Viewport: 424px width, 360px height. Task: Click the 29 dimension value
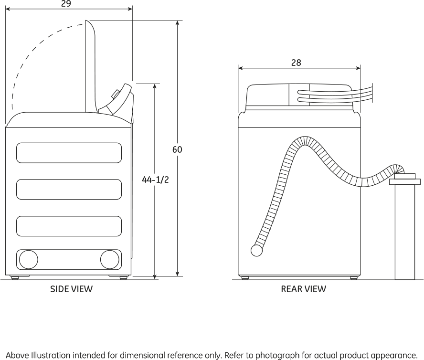coord(66,4)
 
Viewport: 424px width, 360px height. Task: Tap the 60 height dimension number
coord(177,149)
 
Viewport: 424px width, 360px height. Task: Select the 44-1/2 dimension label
coord(156,180)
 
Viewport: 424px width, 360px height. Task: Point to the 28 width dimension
coord(296,63)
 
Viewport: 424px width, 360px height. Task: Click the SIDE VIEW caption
coord(72,289)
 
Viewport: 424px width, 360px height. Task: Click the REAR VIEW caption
coord(304,289)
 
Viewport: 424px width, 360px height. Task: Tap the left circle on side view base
coord(28,259)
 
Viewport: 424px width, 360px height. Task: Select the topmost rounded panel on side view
coord(69,153)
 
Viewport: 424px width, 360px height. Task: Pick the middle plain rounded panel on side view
coord(69,189)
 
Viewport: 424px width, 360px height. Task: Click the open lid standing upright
coord(91,67)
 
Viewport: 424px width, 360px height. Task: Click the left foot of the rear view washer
coord(245,277)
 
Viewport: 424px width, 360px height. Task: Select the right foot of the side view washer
coord(123,277)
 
